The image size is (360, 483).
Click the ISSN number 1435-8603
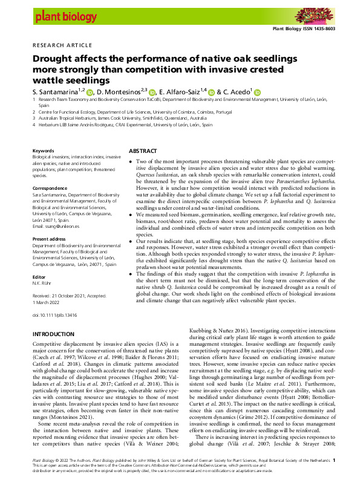click(337, 28)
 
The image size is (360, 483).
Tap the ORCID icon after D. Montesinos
click(152, 92)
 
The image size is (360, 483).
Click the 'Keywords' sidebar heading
click(44, 151)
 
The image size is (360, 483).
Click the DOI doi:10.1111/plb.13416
click(54, 299)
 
